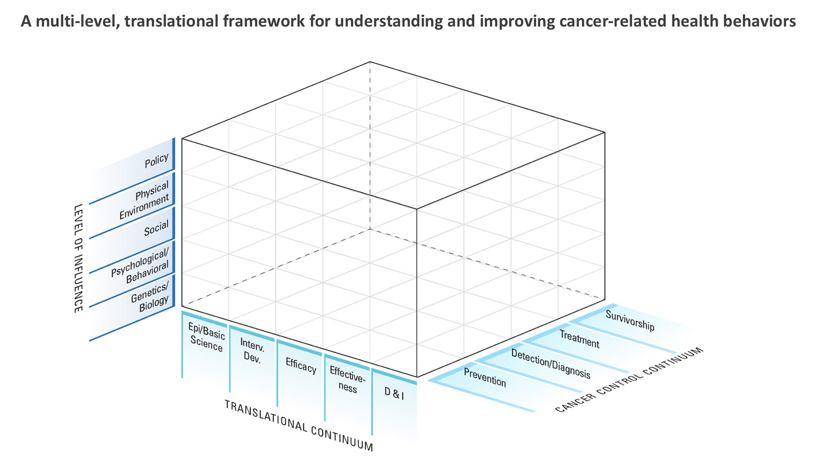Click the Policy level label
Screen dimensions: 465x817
point(156,160)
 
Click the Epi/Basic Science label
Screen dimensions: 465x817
point(206,337)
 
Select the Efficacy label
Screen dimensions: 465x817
point(301,366)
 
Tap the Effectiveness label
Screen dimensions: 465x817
point(348,379)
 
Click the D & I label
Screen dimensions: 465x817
point(394,394)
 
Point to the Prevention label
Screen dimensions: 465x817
point(485,377)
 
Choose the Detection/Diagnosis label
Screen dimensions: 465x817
point(550,363)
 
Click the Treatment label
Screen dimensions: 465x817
point(579,338)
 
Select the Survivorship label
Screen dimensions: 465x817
point(630,320)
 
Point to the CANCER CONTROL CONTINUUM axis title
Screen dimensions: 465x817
point(629,380)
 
